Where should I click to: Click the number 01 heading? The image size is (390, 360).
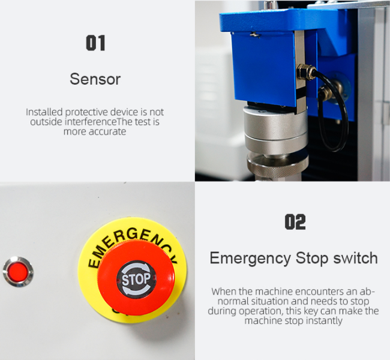tap(95, 43)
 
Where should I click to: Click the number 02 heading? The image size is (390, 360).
tap(295, 222)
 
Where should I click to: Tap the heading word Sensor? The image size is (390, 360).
tap(95, 79)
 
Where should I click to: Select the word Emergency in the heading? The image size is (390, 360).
tap(250, 259)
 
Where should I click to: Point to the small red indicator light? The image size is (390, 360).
tap(17, 272)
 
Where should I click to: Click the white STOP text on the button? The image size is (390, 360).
tap(136, 279)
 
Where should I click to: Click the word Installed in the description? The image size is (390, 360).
tap(44, 112)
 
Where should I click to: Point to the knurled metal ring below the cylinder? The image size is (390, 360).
tap(278, 165)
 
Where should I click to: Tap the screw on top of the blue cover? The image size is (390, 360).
tap(255, 35)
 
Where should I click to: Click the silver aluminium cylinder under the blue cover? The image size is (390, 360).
tap(276, 131)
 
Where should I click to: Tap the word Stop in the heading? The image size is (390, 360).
tap(312, 258)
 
